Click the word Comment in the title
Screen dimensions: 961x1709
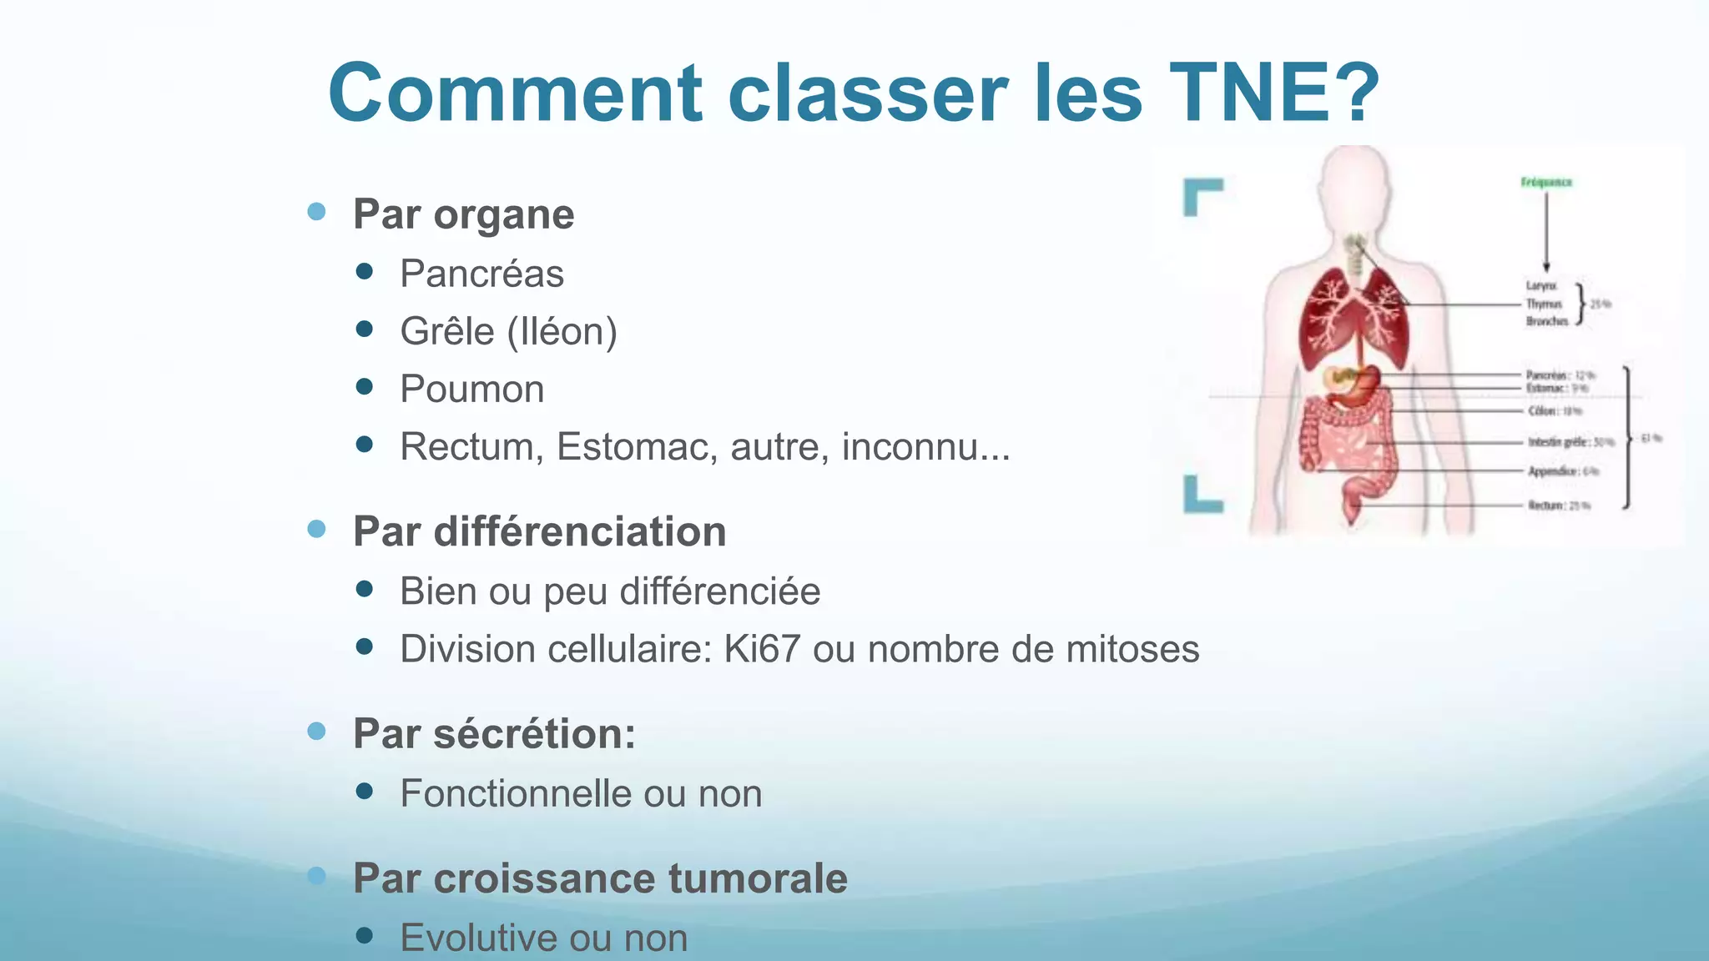[516, 93]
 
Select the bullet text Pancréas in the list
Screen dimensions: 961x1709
[481, 274]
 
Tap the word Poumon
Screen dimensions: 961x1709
[471, 389]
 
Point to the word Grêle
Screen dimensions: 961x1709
[447, 331]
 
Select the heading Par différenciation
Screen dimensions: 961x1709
[539, 531]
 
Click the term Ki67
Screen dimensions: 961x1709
[761, 649]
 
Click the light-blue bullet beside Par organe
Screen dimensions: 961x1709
[316, 211]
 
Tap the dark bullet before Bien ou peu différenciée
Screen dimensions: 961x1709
[364, 590]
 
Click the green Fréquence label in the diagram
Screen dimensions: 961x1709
[1546, 182]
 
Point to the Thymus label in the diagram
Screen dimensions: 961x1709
[1544, 304]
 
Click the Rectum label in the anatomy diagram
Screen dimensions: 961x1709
[1546, 506]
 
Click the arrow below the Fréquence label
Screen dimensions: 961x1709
[1546, 229]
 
